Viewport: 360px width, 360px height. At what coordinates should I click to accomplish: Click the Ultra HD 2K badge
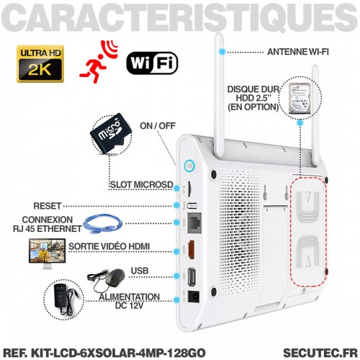[40, 64]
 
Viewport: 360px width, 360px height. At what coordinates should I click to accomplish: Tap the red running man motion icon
[99, 62]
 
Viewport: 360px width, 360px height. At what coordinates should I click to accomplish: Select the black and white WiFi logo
[152, 63]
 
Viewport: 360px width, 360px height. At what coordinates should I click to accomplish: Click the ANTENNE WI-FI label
[298, 52]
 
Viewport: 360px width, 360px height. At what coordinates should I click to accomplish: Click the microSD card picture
[111, 134]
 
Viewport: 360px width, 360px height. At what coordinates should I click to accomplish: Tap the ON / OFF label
[158, 126]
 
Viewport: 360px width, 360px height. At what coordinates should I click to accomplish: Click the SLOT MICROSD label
[142, 184]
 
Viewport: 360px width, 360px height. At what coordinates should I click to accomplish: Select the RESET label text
[48, 206]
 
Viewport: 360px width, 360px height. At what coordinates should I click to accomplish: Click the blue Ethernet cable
[103, 224]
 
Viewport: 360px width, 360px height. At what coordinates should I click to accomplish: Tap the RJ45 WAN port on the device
[194, 222]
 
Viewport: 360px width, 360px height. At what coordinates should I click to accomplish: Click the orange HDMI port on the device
[192, 250]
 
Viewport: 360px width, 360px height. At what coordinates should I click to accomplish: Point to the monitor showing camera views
[47, 253]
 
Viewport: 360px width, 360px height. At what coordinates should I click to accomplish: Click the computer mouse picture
[107, 279]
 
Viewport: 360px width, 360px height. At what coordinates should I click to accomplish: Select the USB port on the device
[192, 277]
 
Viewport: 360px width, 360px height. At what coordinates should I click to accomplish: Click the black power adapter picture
[64, 300]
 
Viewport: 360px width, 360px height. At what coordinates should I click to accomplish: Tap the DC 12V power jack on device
[194, 297]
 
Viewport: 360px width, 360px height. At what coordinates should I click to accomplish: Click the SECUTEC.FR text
[320, 353]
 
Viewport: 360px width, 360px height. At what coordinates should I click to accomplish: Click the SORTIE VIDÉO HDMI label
[109, 246]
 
